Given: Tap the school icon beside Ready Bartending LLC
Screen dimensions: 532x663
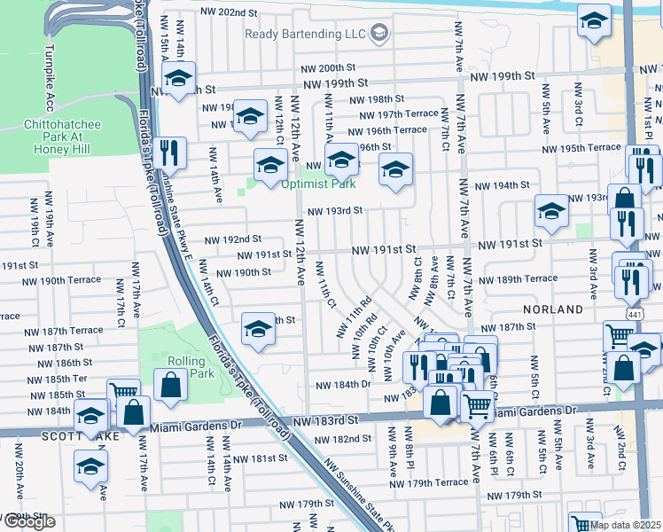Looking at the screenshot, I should pyautogui.click(x=379, y=35).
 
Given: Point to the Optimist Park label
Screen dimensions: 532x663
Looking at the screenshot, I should pyautogui.click(x=318, y=184).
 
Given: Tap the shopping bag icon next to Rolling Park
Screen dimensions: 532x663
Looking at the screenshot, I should pyautogui.click(x=169, y=384).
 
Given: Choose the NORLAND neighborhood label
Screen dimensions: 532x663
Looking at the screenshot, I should pyautogui.click(x=554, y=309).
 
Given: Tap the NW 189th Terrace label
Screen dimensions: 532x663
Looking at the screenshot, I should pyautogui.click(x=528, y=278).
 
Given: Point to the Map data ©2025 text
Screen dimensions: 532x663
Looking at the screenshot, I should pyautogui.click(x=626, y=525).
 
